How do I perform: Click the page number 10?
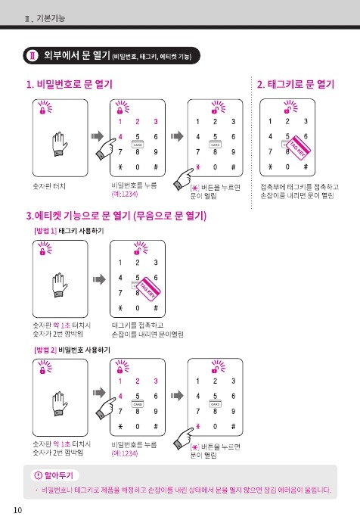[x=17, y=510]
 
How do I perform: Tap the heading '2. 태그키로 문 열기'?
[x=296, y=84]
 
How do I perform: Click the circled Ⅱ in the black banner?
[x=33, y=55]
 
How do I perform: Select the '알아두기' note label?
[x=55, y=475]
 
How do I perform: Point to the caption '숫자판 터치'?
[x=49, y=186]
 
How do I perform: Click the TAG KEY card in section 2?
[x=298, y=148]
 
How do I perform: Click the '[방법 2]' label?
[x=45, y=350]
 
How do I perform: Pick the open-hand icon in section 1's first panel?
[x=60, y=144]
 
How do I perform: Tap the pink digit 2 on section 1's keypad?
[x=138, y=121]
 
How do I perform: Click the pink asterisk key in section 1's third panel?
[x=197, y=167]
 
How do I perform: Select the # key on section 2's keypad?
[x=306, y=167]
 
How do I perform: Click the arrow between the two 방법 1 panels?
[x=99, y=279]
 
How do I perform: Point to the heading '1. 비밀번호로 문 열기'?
[x=70, y=84]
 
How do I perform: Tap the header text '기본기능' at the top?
[x=51, y=18]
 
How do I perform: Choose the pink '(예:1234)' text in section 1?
[x=125, y=194]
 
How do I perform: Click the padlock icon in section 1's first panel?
[x=42, y=110]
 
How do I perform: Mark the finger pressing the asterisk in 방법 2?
[x=184, y=437]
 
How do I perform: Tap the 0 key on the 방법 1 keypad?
[x=138, y=308]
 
